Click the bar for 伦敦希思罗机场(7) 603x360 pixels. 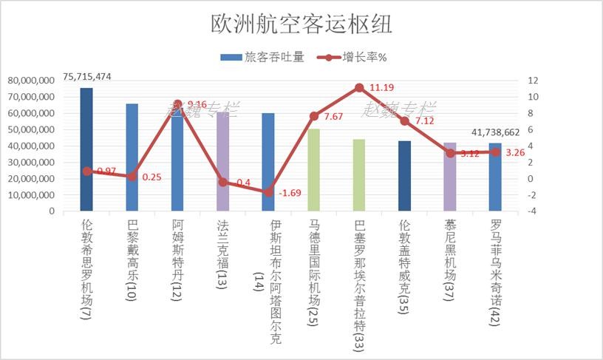click(87, 148)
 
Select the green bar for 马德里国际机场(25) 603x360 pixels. click(314, 170)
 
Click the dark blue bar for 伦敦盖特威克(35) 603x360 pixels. click(404, 176)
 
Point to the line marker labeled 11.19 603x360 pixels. click(359, 88)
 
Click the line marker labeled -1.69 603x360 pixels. click(268, 192)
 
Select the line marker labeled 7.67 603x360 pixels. click(314, 116)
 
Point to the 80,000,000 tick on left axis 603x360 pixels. click(30, 81)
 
